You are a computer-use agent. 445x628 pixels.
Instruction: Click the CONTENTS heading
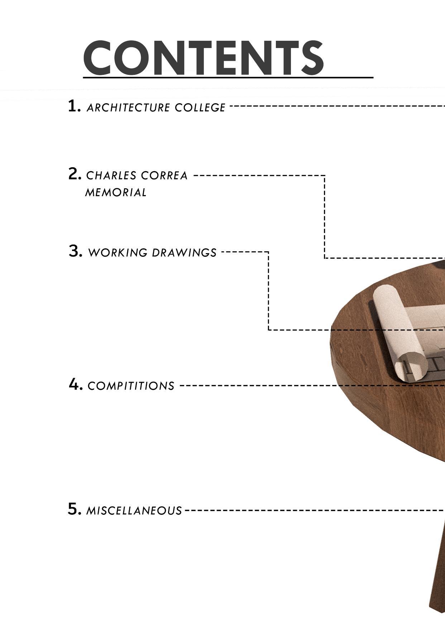[204, 58]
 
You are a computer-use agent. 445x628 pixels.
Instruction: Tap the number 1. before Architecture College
[74, 106]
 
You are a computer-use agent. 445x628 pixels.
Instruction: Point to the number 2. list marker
[75, 174]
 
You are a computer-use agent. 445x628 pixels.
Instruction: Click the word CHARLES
[111, 176]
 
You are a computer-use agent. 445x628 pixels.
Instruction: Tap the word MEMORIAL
[116, 193]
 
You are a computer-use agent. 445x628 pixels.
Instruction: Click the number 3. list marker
[75, 251]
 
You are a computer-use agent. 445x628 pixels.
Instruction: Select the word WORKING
[118, 253]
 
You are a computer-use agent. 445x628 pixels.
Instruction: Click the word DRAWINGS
[184, 253]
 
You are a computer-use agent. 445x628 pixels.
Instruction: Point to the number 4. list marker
[76, 385]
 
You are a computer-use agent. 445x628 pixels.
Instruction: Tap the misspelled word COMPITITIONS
[131, 386]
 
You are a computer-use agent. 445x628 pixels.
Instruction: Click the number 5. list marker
[75, 509]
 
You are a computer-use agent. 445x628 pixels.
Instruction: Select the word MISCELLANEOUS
[134, 511]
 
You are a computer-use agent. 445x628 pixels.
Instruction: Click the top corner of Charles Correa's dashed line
[325, 176]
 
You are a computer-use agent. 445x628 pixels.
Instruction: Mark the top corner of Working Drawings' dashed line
[268, 252]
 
